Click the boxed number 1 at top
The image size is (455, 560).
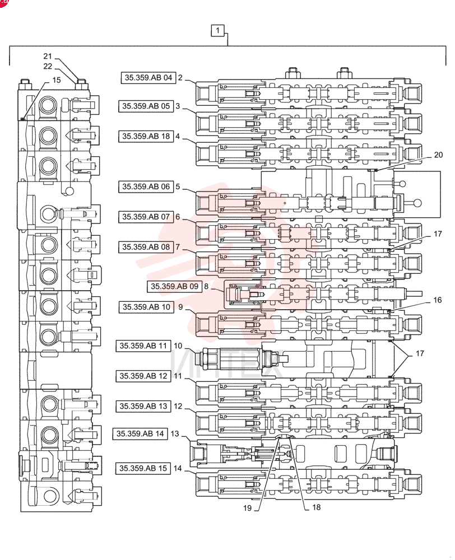[x=217, y=31]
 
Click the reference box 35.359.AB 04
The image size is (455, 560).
[x=148, y=77]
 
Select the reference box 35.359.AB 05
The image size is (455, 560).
[x=146, y=106]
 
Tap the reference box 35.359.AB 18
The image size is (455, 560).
[x=146, y=137]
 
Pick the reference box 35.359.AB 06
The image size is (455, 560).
[x=146, y=186]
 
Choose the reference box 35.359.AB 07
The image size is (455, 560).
[x=146, y=217]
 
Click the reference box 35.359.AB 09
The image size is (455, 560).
[x=174, y=286]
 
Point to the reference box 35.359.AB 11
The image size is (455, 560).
[x=143, y=346]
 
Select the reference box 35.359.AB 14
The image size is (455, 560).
[x=140, y=433]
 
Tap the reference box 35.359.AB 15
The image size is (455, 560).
[x=143, y=468]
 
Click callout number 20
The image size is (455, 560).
[x=438, y=155]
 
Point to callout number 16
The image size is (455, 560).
[x=438, y=300]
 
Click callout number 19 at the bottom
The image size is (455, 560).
[x=247, y=508]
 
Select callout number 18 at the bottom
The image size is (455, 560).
[x=317, y=507]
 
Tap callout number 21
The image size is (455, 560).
[x=48, y=56]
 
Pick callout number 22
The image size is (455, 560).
[x=48, y=66]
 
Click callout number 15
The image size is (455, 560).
[x=57, y=80]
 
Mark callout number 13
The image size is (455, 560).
[x=175, y=433]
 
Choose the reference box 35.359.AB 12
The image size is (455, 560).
[x=143, y=376]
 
